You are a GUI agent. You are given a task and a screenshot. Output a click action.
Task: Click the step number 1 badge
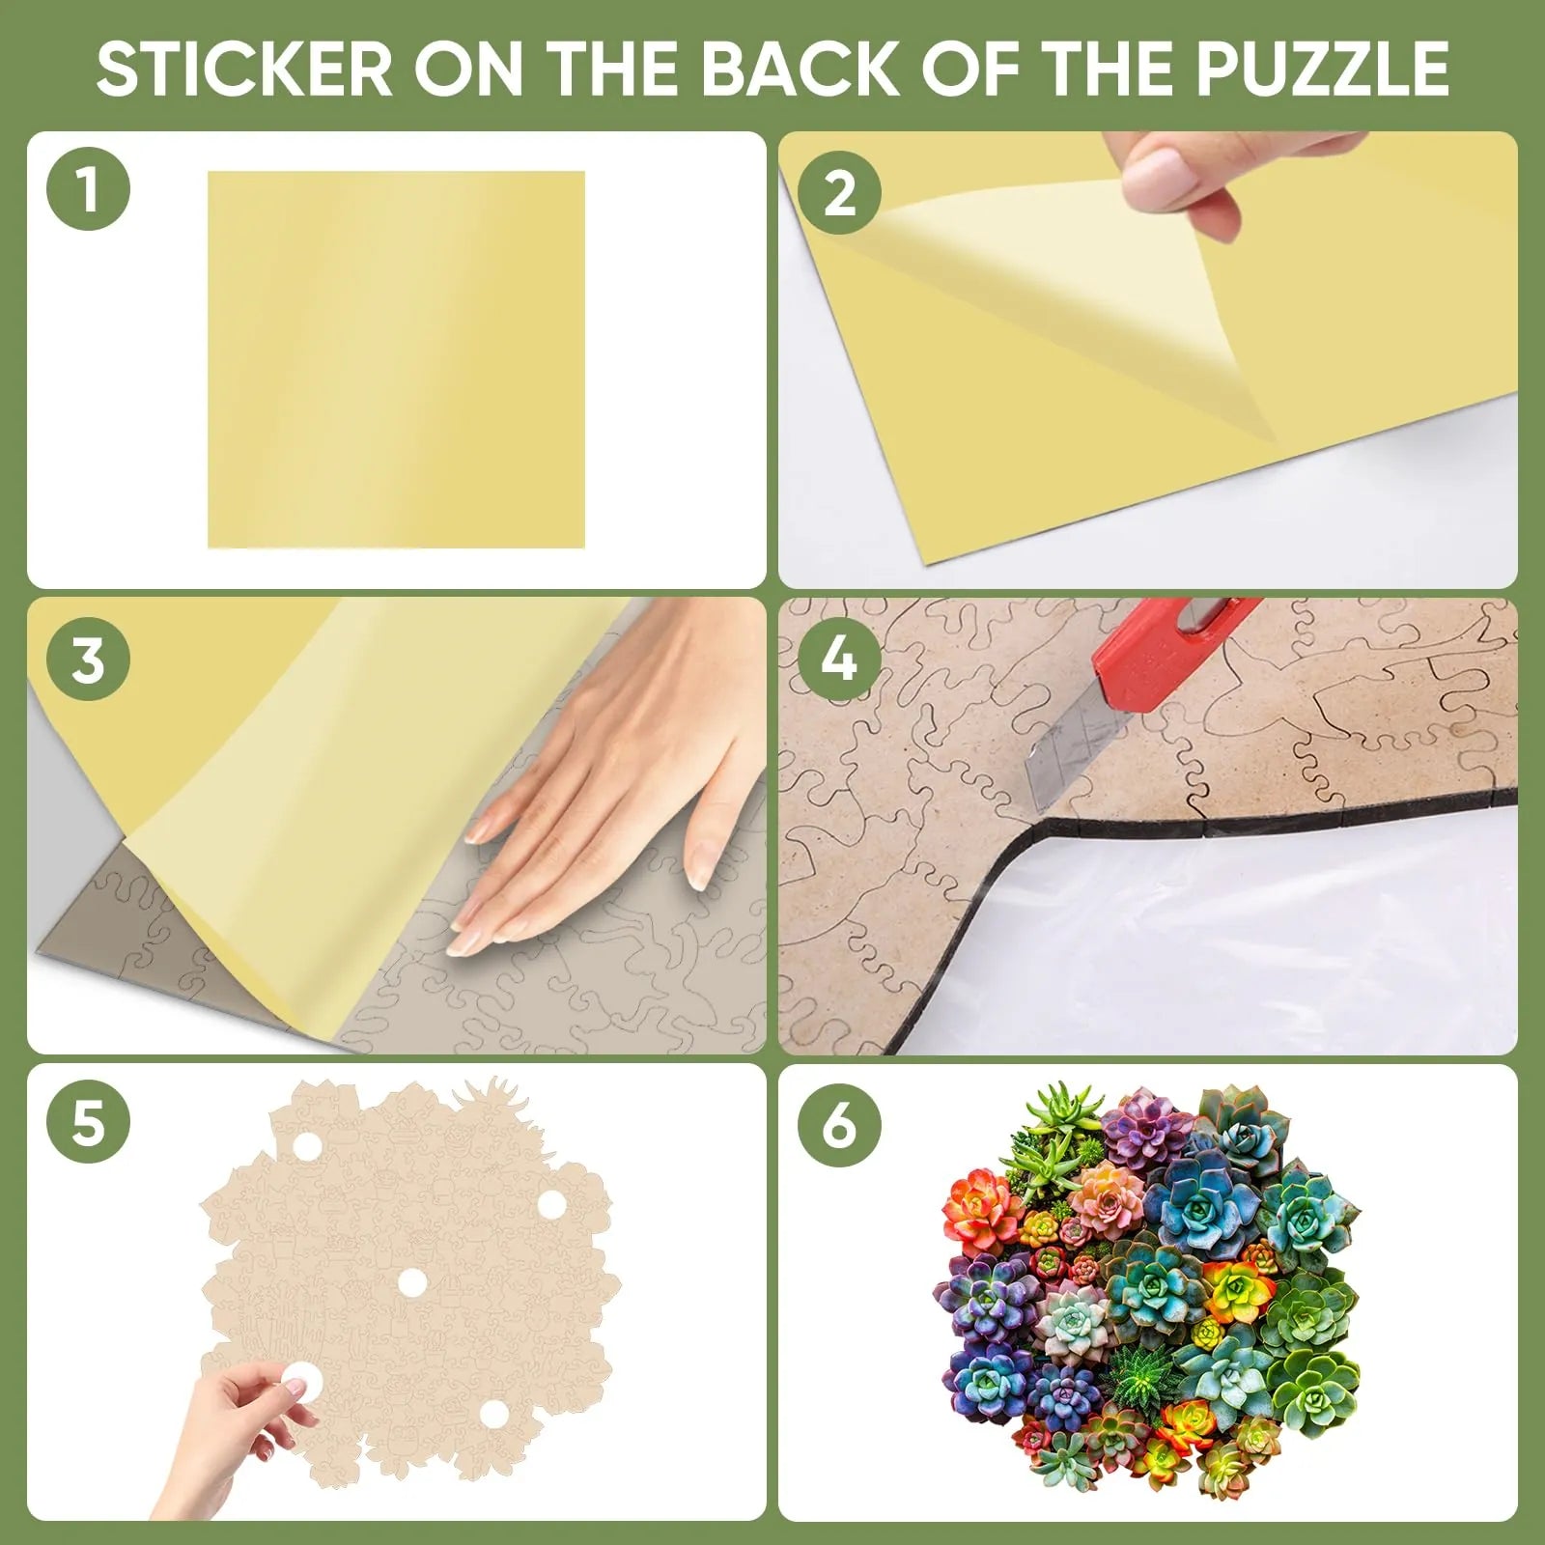tap(88, 189)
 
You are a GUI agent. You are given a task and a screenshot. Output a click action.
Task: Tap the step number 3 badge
tap(88, 660)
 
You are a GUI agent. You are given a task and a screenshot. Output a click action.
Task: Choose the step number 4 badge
tap(839, 660)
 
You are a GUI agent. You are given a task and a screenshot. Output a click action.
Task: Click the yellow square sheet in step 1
tap(396, 359)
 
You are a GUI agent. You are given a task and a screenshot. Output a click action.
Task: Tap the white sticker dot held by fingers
tap(299, 1383)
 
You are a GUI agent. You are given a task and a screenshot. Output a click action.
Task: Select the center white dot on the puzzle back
tap(412, 1281)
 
